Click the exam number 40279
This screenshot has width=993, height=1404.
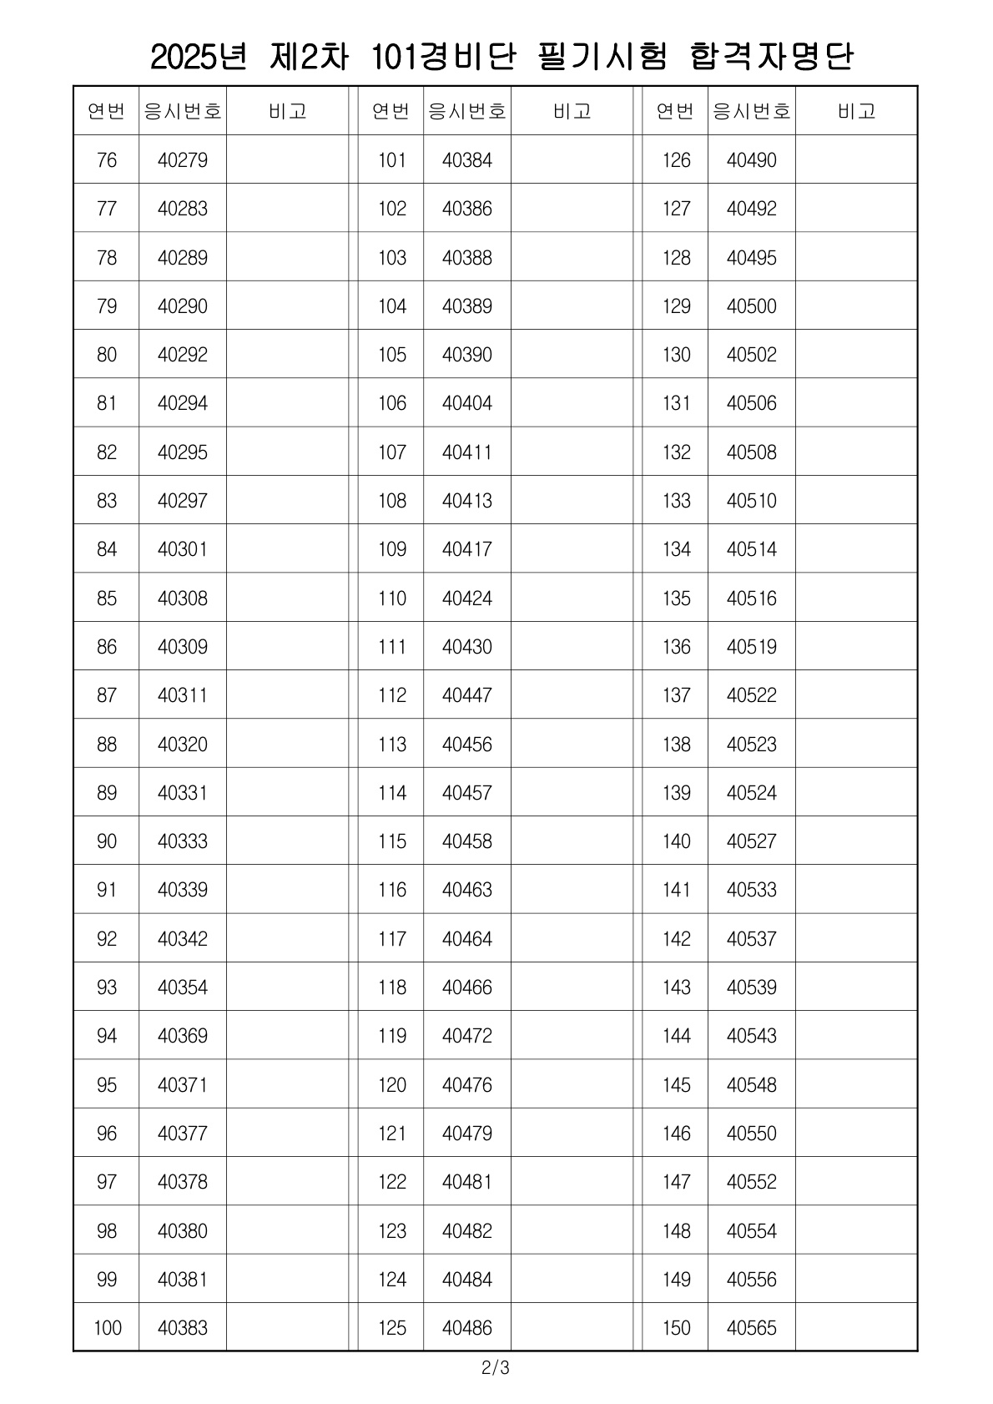pyautogui.click(x=183, y=160)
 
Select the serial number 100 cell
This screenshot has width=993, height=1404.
pyautogui.click(x=107, y=1328)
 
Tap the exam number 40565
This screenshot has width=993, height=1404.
pyautogui.click(x=751, y=1328)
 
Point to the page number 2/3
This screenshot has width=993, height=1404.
pyautogui.click(x=495, y=1369)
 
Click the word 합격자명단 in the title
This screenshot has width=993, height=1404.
pyautogui.click(x=773, y=57)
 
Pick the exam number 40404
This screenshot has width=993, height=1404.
pyautogui.click(x=467, y=403)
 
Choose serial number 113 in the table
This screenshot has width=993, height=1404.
pyautogui.click(x=391, y=744)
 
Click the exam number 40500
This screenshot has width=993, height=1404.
pyautogui.click(x=751, y=306)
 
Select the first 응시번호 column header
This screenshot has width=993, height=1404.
pyautogui.click(x=183, y=111)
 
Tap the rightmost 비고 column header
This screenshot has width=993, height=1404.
pyautogui.click(x=856, y=111)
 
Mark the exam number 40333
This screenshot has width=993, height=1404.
pyautogui.click(x=183, y=841)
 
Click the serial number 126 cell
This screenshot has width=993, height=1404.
pyautogui.click(x=676, y=160)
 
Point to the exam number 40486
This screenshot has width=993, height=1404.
pyautogui.click(x=467, y=1328)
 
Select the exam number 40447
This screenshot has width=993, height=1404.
pyautogui.click(x=467, y=695)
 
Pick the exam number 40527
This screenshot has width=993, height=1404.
pyautogui.click(x=751, y=841)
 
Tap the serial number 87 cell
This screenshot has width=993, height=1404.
pyautogui.click(x=107, y=695)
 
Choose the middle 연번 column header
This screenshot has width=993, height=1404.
pyautogui.click(x=391, y=111)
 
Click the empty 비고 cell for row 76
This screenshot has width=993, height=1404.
pyautogui.click(x=287, y=160)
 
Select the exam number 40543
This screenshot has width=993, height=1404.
pyautogui.click(x=751, y=1036)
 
